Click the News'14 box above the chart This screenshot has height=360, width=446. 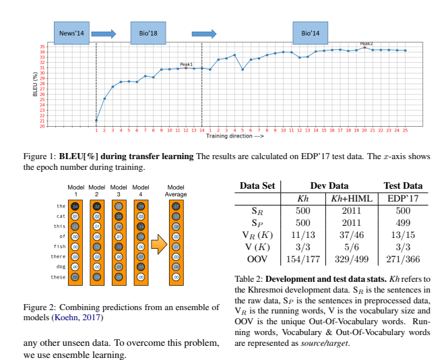tap(71, 32)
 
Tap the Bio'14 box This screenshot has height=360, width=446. tap(311, 32)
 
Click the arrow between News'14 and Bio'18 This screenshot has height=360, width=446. tap(104, 32)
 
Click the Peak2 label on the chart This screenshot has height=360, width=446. tap(366, 44)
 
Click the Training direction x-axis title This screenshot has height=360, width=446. tap(231, 136)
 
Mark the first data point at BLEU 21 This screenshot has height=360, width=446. tap(96, 121)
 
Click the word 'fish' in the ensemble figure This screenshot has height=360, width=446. tap(60, 247)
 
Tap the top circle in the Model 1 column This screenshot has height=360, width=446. tap(75, 206)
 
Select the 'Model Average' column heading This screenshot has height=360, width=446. tap(177, 190)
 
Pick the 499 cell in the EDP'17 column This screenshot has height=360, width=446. tap(403, 222)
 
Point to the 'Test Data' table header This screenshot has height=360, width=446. tap(403, 185)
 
